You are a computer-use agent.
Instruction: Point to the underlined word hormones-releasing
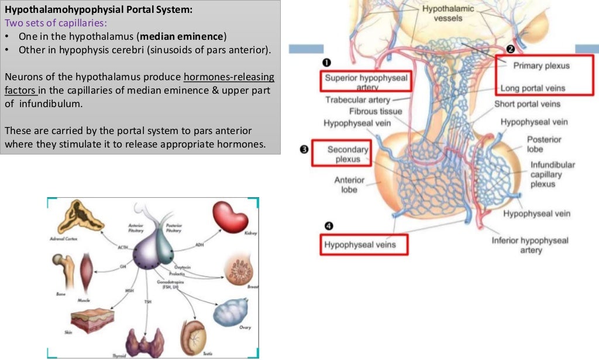click(229, 77)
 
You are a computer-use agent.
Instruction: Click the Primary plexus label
click(541, 66)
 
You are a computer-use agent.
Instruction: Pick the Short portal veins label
click(527, 104)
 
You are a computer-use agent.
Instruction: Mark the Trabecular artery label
click(357, 100)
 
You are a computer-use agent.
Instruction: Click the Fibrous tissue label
click(376, 111)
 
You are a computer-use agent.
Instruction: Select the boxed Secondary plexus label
click(347, 154)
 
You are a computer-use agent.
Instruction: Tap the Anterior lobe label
click(349, 185)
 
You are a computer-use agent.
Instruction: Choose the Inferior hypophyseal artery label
click(531, 245)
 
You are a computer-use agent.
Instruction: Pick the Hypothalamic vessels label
click(448, 14)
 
